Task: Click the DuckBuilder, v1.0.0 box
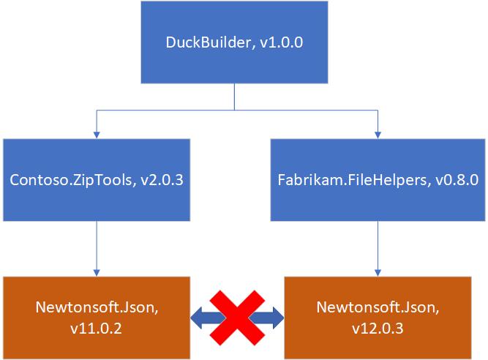tap(234, 42)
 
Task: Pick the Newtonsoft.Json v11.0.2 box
tap(97, 318)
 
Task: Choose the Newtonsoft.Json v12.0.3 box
tap(378, 318)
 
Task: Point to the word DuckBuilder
tap(204, 43)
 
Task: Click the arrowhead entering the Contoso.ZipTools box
tap(97, 134)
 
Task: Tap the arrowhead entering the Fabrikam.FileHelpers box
tap(378, 134)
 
